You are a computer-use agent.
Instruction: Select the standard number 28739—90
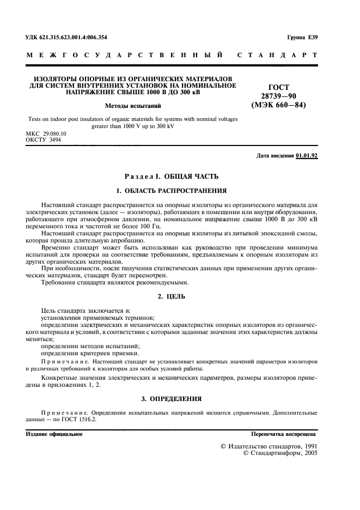click(278, 96)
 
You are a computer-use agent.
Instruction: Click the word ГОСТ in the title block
click(279, 87)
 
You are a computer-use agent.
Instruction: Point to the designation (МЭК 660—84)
click(278, 105)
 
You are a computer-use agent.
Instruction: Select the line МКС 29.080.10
click(46, 133)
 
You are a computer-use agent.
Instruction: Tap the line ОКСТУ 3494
click(44, 139)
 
